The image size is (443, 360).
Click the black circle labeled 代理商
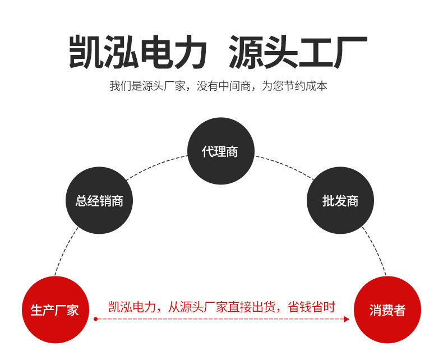point(220,151)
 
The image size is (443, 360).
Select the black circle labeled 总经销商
point(99,200)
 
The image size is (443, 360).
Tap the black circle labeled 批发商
point(340,200)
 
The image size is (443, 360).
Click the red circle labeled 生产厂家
point(54,310)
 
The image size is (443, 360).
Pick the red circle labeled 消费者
point(387,310)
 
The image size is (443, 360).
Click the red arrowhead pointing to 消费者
point(347,319)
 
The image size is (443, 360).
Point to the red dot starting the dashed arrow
point(95,319)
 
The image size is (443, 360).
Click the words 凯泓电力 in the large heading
point(138,52)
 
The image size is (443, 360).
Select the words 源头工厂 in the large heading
point(298,52)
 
